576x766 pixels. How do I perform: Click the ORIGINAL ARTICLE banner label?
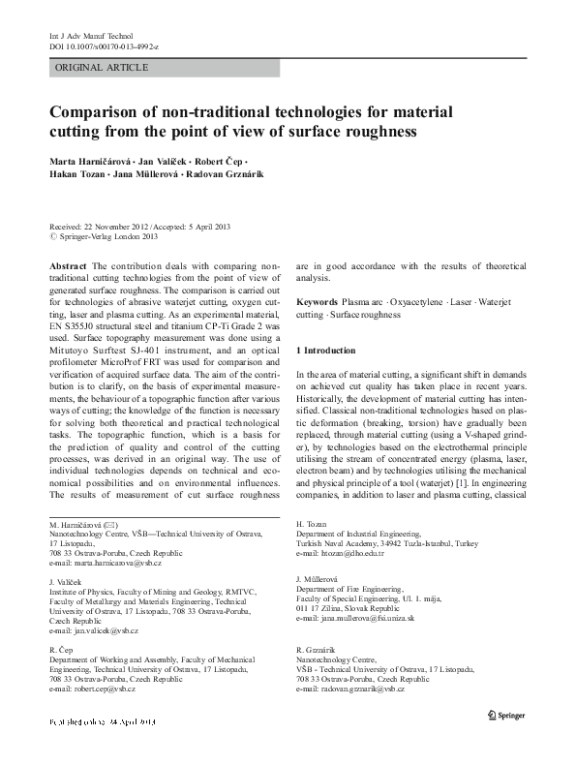click(x=102, y=67)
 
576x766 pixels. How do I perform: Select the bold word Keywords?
click(x=318, y=302)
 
